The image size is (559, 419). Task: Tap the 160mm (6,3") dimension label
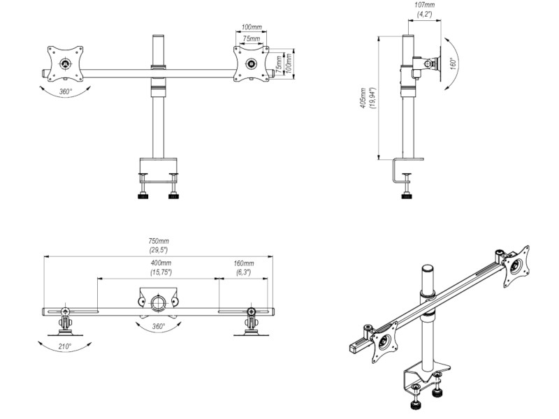pos(243,267)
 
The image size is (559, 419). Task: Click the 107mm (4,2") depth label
pos(424,9)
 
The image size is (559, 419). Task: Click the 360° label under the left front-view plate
pos(66,91)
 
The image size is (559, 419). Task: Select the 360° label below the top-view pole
pos(158,326)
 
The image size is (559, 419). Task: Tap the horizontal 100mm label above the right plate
pos(252,27)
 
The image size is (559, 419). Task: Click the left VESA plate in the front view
pos(66,64)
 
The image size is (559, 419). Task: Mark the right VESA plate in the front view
pos(251,64)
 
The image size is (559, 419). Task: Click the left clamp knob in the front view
pos(144,195)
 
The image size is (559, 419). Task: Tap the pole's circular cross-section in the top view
pos(158,302)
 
